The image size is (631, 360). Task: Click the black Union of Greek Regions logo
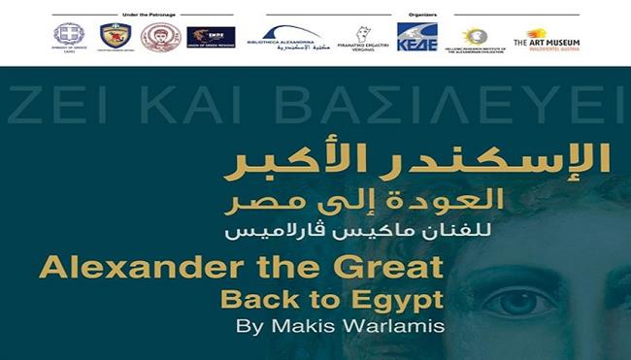coord(211,37)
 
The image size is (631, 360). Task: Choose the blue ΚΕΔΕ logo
coord(416,36)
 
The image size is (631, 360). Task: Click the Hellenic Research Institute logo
coord(476,38)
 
